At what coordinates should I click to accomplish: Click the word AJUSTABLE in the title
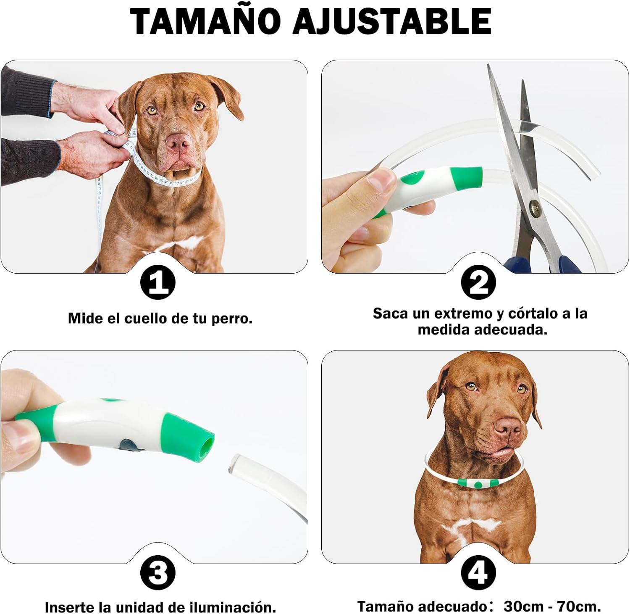coord(393,21)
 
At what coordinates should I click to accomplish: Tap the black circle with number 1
coord(157,282)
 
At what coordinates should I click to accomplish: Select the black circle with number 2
coord(478,282)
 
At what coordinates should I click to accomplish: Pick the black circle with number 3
coord(157,572)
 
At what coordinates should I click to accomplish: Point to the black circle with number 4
coord(478,572)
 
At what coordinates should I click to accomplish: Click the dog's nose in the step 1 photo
coord(178,143)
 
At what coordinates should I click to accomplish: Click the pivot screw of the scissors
coord(536,208)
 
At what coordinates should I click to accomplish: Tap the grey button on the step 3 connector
coord(127,445)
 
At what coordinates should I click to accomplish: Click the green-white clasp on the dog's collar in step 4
coord(479,483)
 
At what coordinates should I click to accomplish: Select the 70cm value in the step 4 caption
coord(579,606)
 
